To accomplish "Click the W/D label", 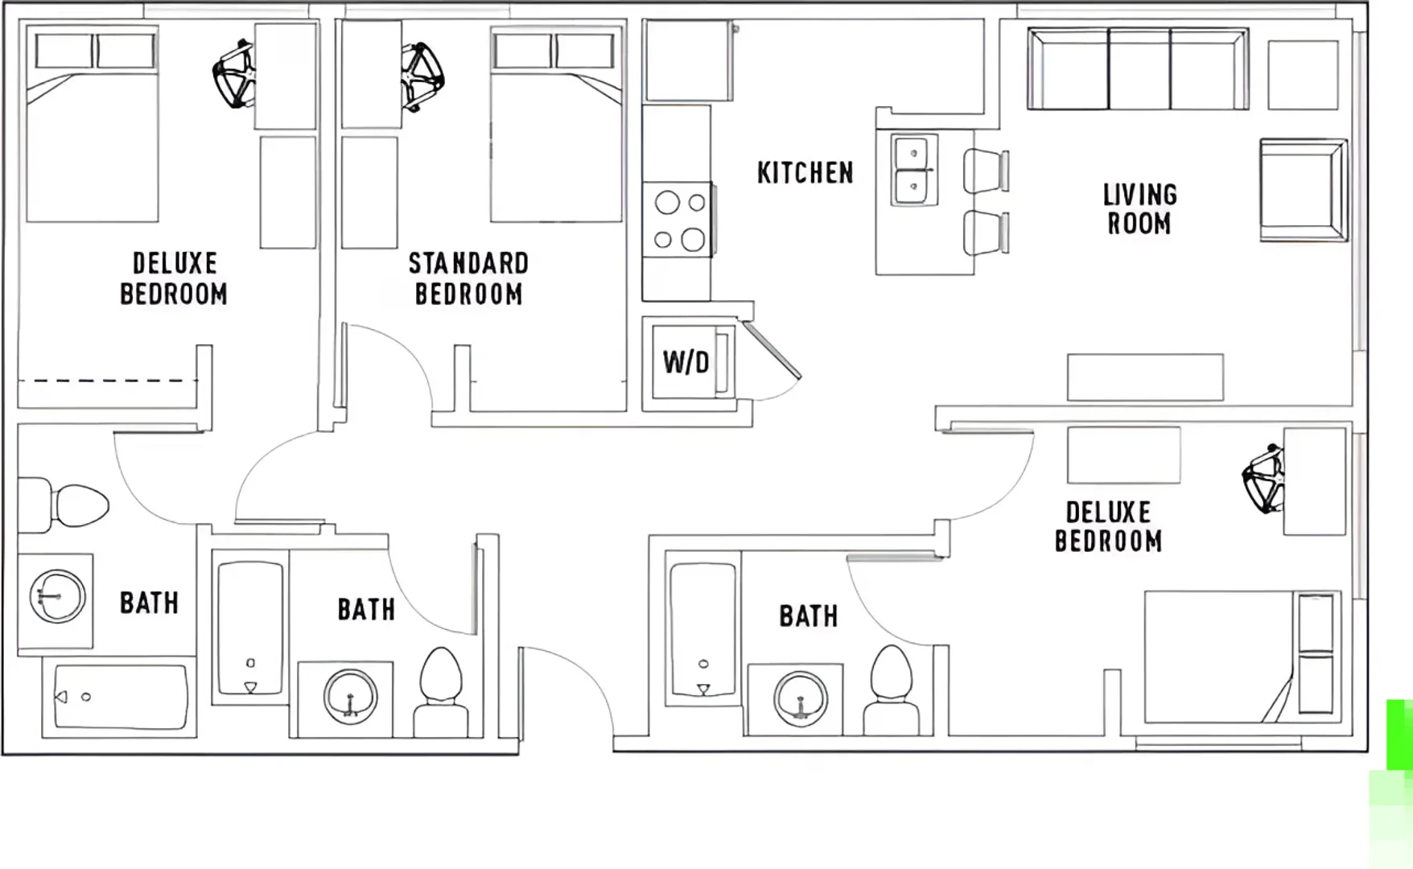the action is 686,363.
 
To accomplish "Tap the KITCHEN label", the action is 805,173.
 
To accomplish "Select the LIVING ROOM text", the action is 1139,209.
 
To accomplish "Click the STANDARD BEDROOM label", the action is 468,278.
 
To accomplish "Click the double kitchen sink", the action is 915,170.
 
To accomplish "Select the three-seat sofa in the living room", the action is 1138,69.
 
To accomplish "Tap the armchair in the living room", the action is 1304,190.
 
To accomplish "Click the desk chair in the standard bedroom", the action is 422,76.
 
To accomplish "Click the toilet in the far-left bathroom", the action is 64,505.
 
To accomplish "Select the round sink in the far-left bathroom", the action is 57,596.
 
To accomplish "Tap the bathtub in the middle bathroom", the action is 250,628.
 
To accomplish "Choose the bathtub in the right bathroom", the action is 702,628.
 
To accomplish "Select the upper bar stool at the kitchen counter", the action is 986,171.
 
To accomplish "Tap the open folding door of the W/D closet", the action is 771,350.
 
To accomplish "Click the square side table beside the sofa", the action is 1303,75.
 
